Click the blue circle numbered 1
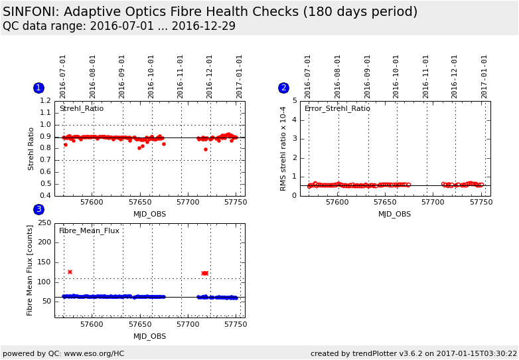[x=38, y=88]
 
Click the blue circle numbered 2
[x=283, y=88]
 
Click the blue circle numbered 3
[x=38, y=209]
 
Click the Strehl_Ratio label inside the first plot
[x=81, y=108]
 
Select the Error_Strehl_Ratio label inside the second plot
[x=337, y=108]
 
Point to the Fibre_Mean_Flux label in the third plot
[x=89, y=230]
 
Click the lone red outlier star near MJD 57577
[x=70, y=272]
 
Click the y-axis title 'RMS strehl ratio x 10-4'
[x=283, y=148]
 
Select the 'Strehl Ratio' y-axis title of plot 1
[x=31, y=148]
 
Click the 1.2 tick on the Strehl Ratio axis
[x=45, y=101]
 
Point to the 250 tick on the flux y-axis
[x=44, y=223]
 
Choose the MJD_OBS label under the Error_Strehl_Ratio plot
[x=394, y=214]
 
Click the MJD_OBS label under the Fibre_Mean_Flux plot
[x=149, y=336]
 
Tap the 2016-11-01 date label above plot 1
[x=181, y=76]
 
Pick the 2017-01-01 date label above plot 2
[x=484, y=76]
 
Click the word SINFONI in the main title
[x=33, y=12]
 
